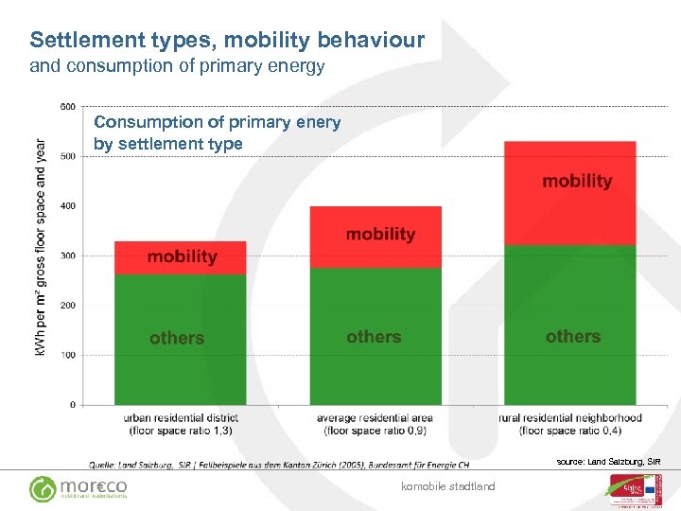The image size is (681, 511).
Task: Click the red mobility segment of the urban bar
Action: [180, 257]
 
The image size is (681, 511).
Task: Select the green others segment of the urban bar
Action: [180, 339]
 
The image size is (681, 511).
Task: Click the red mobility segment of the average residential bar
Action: [375, 237]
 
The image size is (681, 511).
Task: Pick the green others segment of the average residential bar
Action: [375, 336]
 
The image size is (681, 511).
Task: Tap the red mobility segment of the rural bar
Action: [569, 193]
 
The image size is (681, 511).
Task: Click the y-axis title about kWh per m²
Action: [41, 249]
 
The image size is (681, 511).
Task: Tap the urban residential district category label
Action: [181, 424]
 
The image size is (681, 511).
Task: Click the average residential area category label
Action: [375, 424]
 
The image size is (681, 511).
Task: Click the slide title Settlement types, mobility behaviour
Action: [227, 41]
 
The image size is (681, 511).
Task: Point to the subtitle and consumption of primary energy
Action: [177, 66]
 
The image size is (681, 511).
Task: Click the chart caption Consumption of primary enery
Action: [217, 132]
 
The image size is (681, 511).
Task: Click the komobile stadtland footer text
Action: [448, 486]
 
